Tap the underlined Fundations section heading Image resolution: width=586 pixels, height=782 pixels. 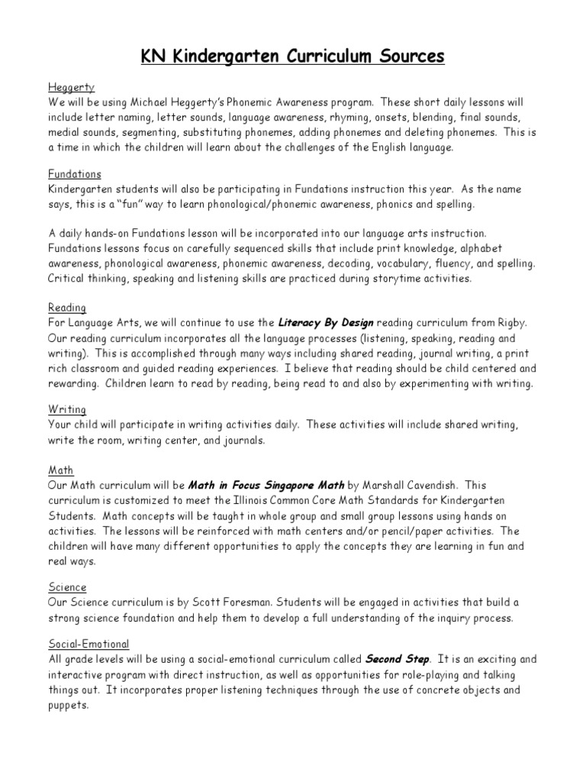pyautogui.click(x=74, y=174)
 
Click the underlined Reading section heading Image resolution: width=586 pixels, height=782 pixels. pyautogui.click(x=66, y=308)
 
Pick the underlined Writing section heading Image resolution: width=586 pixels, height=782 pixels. pyautogui.click(x=66, y=410)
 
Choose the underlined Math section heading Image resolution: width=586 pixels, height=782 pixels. pyautogui.click(x=60, y=470)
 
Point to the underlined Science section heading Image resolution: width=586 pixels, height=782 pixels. pyautogui.click(x=67, y=587)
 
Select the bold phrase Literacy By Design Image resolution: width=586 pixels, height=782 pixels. pyautogui.click(x=326, y=322)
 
